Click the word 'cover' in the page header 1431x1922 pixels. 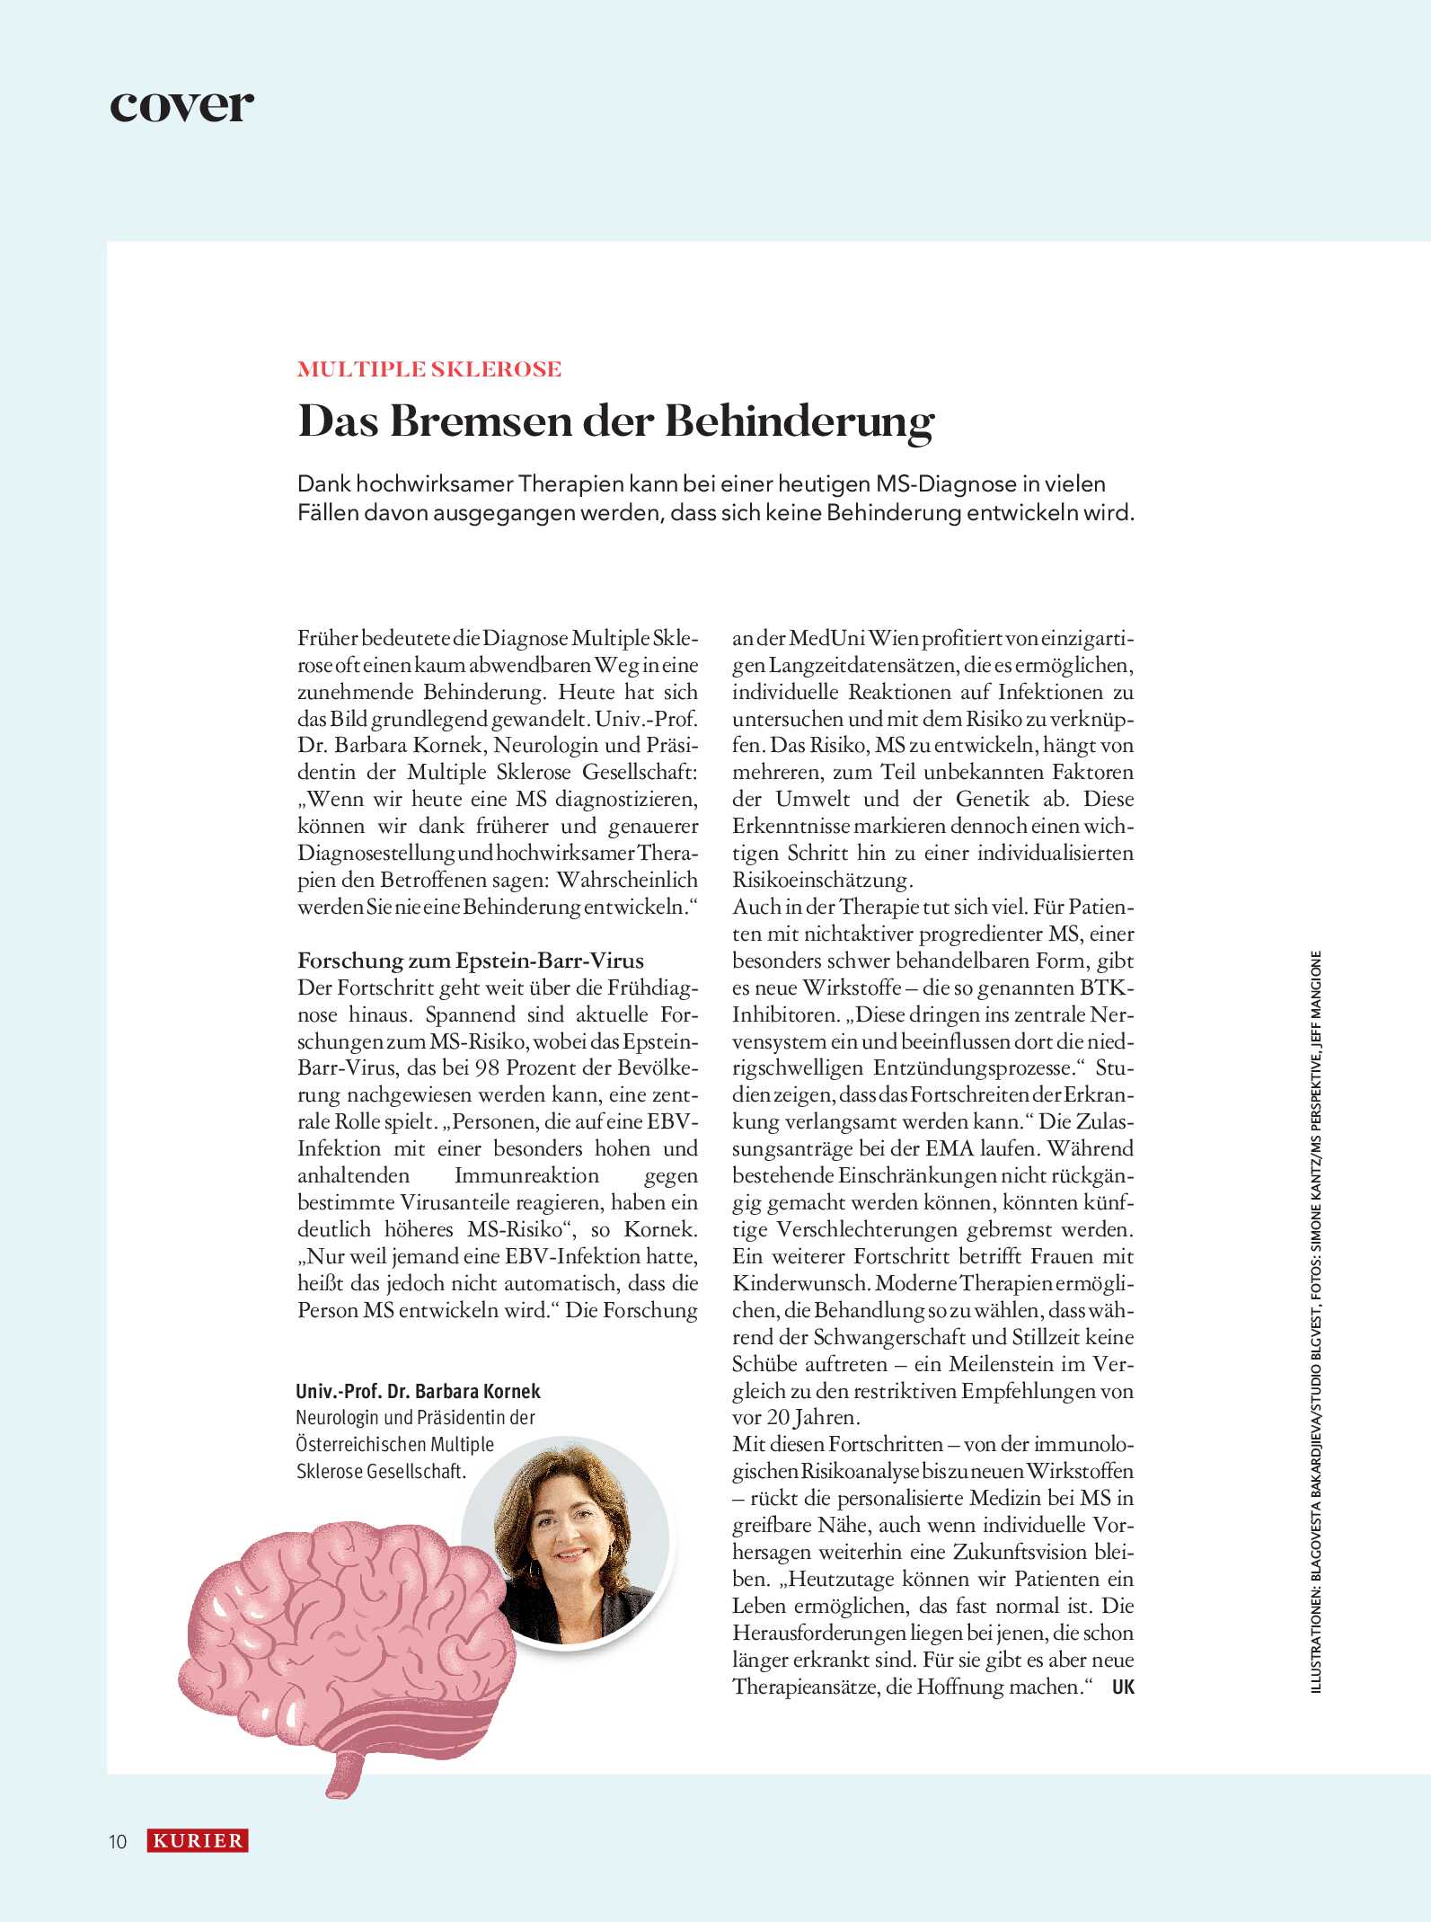(181, 105)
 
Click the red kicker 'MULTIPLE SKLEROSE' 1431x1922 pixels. (428, 369)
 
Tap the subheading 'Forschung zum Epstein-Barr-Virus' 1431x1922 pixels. (471, 961)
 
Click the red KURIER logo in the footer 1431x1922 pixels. (198, 1841)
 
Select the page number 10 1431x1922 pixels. (118, 1842)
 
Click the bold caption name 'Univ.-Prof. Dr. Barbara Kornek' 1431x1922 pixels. (418, 1392)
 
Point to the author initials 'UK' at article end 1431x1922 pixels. (1123, 1687)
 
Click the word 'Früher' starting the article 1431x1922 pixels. (327, 639)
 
